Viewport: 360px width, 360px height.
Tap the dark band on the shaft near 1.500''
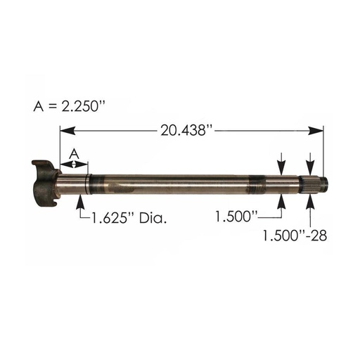(262, 185)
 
